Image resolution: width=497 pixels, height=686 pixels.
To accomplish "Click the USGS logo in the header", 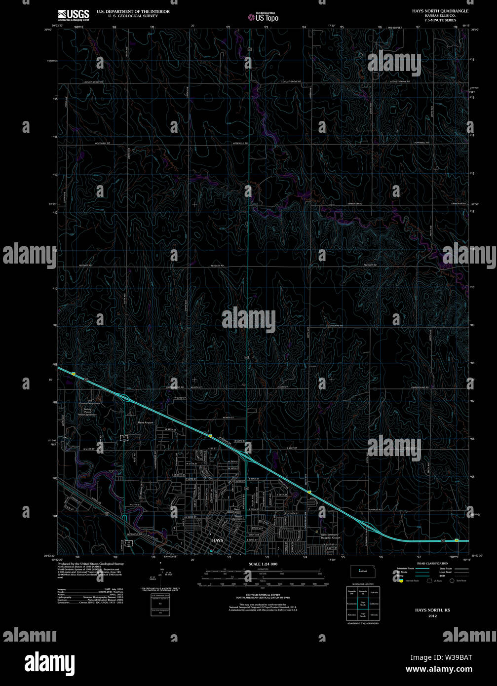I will point(74,14).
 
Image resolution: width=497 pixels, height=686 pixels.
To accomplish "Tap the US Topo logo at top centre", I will point(264,17).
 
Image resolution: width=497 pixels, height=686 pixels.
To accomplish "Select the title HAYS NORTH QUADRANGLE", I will point(440,11).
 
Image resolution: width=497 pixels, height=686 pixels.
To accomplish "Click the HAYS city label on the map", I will point(217,540).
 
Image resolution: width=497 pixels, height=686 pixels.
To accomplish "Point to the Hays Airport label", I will point(146,423).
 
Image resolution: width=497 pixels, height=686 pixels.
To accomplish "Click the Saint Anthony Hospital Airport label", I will point(331,536).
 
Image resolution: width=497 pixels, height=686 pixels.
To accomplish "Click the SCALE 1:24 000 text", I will point(263,564).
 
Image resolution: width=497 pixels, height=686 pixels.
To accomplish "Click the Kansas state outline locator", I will point(362,571).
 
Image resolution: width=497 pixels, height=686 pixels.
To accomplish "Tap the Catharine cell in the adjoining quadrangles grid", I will point(374,603).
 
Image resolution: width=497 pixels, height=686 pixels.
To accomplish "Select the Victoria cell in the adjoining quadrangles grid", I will point(374,615).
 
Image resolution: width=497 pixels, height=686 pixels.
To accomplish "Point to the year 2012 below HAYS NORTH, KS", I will point(432,616).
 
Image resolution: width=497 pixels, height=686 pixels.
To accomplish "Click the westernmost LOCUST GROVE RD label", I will point(93,81).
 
